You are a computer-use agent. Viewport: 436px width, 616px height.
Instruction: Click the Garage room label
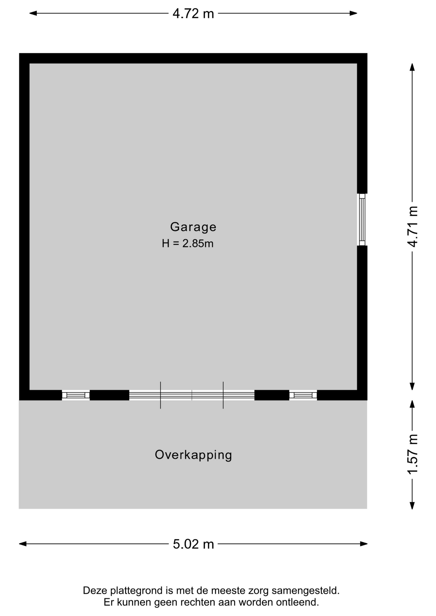click(193, 227)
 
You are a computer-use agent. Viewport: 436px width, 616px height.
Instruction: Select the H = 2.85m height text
click(187, 244)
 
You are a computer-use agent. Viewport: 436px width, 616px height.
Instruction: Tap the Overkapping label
click(193, 455)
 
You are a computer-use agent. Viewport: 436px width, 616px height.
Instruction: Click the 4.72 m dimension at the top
click(193, 13)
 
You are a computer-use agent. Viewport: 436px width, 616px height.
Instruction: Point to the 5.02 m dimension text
click(193, 544)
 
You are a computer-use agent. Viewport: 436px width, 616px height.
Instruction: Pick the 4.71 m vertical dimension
click(413, 227)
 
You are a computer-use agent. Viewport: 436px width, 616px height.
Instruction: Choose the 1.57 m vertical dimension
click(413, 454)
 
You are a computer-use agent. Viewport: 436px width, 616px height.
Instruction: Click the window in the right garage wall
click(362, 219)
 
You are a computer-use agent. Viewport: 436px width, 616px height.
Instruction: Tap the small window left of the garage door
click(76, 395)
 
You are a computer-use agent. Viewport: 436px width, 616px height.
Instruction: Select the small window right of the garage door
click(303, 395)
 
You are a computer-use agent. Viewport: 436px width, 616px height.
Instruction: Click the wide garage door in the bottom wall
click(192, 395)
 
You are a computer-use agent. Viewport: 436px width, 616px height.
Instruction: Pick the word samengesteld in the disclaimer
click(305, 591)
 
